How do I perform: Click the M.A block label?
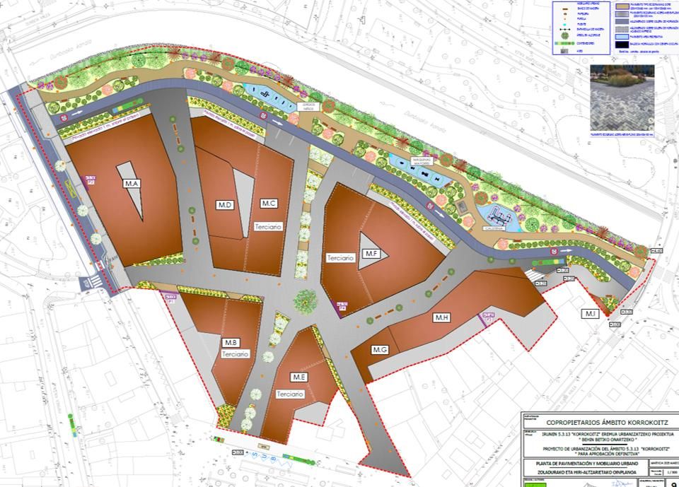tap(132, 184)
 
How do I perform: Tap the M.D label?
tap(225, 205)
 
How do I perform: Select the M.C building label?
tap(269, 204)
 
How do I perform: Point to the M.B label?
tap(230, 343)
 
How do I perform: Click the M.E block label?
tap(298, 377)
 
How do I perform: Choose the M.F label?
tap(371, 252)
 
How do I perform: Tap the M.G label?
tap(380, 349)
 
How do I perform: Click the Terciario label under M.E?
tap(290, 394)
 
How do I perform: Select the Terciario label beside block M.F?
tap(340, 258)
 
